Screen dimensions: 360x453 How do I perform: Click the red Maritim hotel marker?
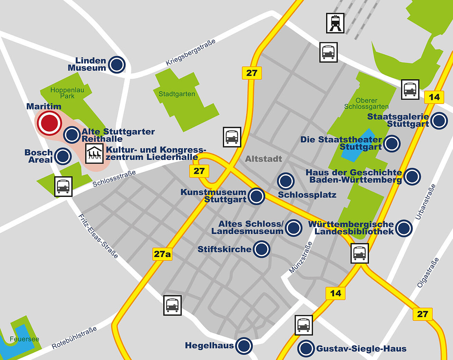click(49, 123)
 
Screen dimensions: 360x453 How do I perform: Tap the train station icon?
click(335, 23)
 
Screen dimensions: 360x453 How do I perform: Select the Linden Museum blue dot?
click(117, 64)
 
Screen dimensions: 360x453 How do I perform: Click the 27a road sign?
click(162, 254)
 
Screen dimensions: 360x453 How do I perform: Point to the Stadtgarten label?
click(177, 94)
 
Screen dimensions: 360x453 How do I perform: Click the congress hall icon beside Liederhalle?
click(94, 153)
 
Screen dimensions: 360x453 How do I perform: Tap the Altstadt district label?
click(264, 159)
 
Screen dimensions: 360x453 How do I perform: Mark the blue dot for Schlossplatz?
click(286, 181)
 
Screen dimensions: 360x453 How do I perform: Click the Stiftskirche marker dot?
click(261, 249)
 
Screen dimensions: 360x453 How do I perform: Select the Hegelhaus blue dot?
click(244, 345)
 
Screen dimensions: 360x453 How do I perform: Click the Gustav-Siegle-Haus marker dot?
click(306, 349)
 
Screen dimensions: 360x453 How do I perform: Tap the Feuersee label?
click(24, 339)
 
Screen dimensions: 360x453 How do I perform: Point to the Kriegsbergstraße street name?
click(191, 52)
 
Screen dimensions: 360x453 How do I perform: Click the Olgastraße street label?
click(428, 273)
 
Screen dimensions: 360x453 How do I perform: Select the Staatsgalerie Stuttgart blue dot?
click(439, 121)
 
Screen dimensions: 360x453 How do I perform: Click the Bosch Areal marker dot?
click(63, 156)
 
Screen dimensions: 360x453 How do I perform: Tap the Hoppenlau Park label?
click(67, 93)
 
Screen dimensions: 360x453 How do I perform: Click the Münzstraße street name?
click(301, 258)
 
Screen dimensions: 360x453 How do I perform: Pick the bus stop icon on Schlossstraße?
click(64, 187)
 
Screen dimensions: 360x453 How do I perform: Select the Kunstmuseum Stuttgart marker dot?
click(256, 196)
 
